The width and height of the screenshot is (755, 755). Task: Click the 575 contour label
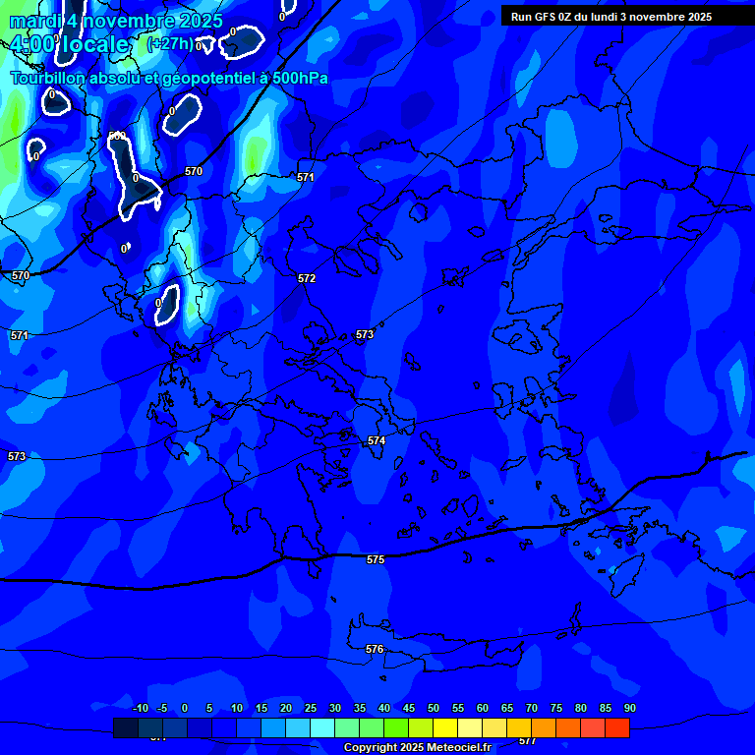[x=376, y=559]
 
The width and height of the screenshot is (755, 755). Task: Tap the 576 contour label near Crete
[x=375, y=650]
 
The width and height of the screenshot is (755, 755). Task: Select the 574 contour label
[x=377, y=441]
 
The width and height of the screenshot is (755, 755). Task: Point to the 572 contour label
[x=307, y=279]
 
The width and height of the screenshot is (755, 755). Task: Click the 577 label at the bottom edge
[x=528, y=741]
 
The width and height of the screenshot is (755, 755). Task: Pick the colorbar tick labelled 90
[x=629, y=709]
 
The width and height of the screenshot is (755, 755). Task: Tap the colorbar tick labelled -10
[x=140, y=709]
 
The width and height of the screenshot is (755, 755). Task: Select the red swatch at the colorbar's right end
[x=617, y=728]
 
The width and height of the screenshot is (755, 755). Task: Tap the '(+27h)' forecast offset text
[x=169, y=44]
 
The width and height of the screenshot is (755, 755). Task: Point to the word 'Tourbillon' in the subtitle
[x=48, y=78]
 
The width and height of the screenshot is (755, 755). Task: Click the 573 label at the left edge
[x=17, y=457]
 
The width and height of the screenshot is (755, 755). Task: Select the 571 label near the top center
[x=306, y=178]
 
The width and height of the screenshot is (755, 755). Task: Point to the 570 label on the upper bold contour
[x=194, y=172]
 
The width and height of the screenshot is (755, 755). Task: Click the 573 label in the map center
[x=365, y=335]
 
